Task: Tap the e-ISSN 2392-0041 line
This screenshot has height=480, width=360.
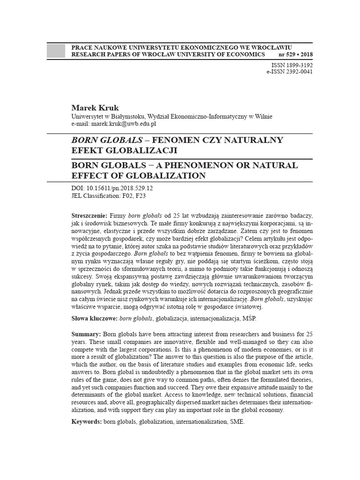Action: point(289,72)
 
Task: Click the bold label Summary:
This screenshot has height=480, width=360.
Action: point(86,334)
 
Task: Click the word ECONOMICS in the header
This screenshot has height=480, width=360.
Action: point(247,54)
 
